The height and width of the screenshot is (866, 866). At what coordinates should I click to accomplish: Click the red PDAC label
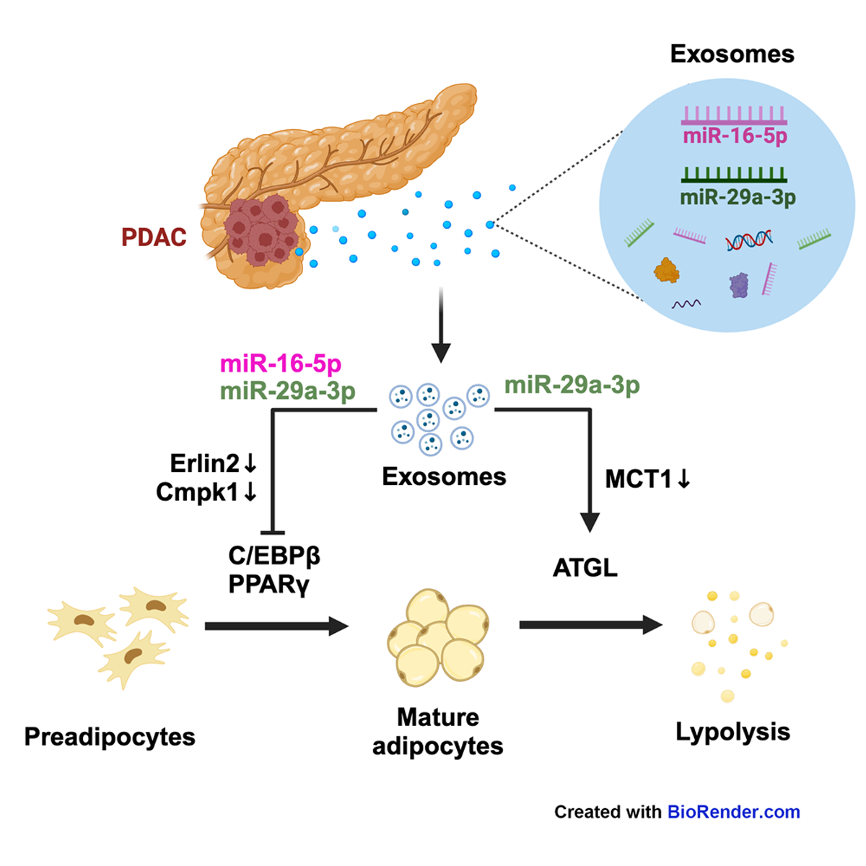coord(154,237)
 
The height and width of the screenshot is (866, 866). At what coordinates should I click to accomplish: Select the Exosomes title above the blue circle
coord(732,54)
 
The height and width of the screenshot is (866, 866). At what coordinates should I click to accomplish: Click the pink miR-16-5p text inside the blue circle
coord(735,136)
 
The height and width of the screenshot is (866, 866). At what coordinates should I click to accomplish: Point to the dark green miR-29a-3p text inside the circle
coord(738,197)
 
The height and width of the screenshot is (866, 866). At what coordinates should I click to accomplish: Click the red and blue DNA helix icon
coord(749,240)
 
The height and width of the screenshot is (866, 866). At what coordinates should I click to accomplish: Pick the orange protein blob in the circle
coord(666,271)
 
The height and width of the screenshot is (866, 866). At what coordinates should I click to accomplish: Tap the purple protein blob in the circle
coord(739,285)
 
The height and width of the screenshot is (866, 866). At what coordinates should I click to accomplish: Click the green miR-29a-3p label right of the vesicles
coord(572,385)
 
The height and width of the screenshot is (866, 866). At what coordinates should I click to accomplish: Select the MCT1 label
coord(639,478)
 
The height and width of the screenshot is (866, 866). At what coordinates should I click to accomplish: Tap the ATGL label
coord(585,568)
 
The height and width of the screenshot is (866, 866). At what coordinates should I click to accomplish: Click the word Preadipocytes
coord(110,737)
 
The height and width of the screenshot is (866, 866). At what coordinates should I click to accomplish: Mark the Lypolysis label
coord(732,732)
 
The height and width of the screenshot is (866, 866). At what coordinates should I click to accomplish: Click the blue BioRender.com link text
coord(733,812)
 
